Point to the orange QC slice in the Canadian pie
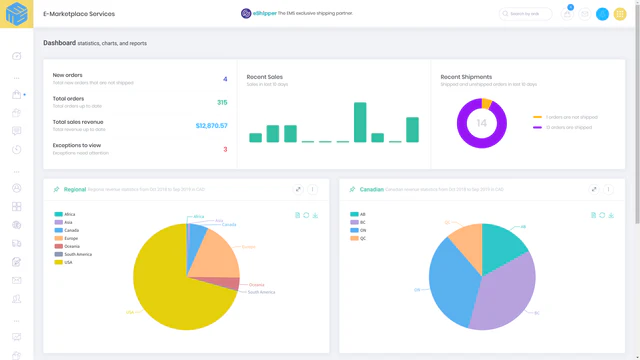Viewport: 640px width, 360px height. [465, 240]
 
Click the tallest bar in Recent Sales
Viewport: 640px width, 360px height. [360, 122]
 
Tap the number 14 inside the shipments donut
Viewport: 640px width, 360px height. [481, 123]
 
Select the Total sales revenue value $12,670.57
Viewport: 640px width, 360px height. [211, 126]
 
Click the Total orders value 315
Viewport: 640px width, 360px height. [221, 102]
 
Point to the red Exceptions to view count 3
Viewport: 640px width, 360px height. [225, 149]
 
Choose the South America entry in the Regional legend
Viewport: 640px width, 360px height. [76, 254]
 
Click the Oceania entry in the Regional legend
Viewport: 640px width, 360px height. [73, 246]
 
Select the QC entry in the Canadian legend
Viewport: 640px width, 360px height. [362, 238]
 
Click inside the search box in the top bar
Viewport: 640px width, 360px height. [528, 14]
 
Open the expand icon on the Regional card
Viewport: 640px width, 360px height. [298, 189]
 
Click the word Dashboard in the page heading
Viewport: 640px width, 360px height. [59, 43]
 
